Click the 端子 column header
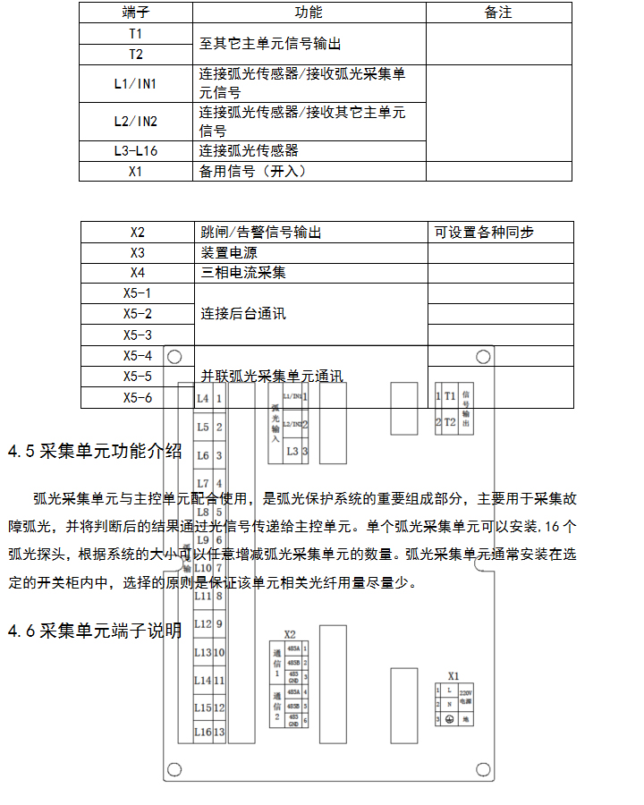point(135,13)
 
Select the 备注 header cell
point(498,13)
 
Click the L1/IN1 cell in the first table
point(135,84)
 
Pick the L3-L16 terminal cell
point(135,151)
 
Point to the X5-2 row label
point(137,314)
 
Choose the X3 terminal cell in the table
point(137,252)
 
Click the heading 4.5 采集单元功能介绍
point(95,451)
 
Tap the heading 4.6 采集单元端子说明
point(95,631)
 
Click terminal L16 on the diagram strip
point(203,732)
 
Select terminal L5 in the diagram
point(203,427)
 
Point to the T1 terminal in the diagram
point(450,394)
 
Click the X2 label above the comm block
point(290,633)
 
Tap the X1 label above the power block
point(453,676)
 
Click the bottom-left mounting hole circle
point(174,768)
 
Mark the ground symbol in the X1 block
point(450,719)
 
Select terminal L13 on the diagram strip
point(203,653)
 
